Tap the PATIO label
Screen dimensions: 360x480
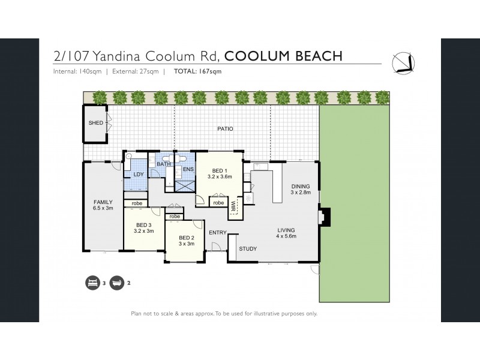pos(225,128)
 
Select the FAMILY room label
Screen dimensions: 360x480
pos(103,205)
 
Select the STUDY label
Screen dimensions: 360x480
pos(248,248)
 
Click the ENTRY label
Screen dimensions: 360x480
pos(217,232)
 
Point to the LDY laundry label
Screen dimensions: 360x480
pos(138,174)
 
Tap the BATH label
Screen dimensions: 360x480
pos(164,164)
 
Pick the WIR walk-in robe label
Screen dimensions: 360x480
pos(233,207)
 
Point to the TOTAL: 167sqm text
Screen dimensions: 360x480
pos(197,72)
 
